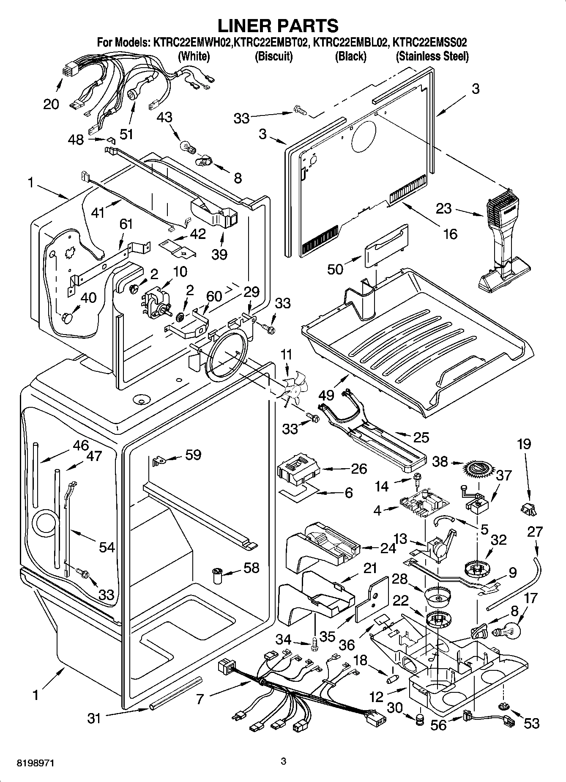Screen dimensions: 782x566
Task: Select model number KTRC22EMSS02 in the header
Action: (x=430, y=43)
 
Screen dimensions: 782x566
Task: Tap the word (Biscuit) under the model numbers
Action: (x=273, y=56)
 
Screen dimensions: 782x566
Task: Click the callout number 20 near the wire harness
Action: (x=51, y=104)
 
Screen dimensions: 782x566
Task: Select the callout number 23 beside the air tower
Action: (x=444, y=208)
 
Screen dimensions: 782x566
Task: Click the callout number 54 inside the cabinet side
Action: (x=107, y=547)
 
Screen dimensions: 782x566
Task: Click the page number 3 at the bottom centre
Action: (x=284, y=762)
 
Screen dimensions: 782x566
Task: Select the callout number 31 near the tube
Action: (x=94, y=718)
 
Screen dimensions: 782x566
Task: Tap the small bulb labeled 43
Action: (x=188, y=147)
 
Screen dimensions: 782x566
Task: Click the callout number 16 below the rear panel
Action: (x=451, y=233)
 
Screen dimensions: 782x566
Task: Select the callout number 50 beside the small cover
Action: (x=335, y=269)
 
